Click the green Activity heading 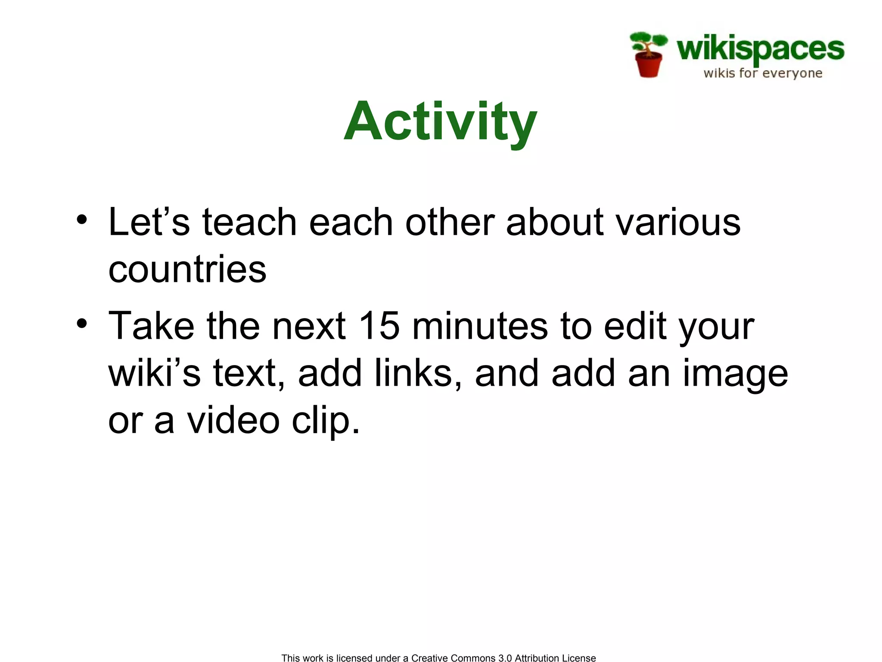(440, 122)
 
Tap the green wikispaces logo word (760, 49)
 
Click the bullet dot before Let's (82, 220)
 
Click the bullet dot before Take (82, 323)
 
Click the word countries (187, 269)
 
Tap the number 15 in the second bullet (379, 326)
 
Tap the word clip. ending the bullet (325, 421)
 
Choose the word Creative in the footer (429, 658)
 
